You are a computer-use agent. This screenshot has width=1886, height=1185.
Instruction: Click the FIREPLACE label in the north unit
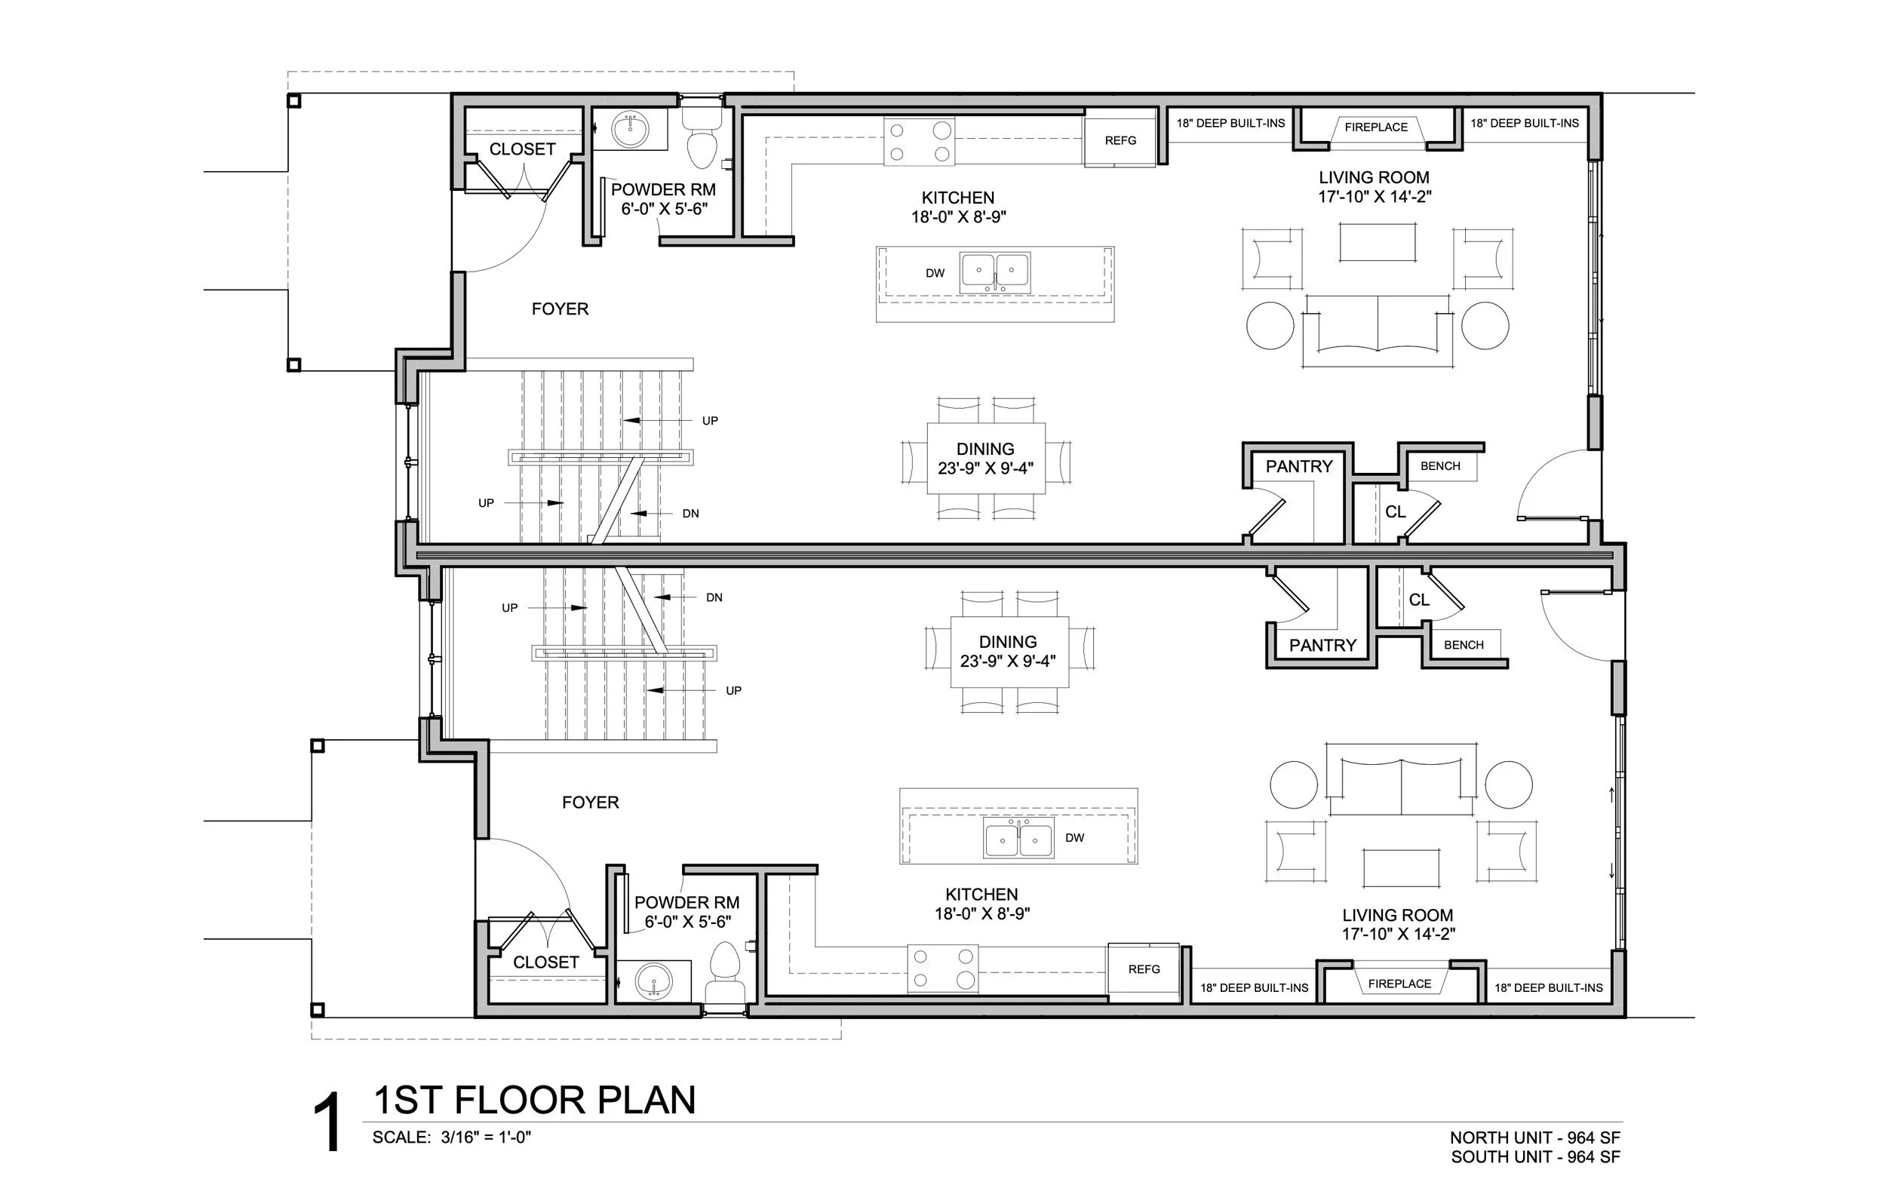click(x=1375, y=127)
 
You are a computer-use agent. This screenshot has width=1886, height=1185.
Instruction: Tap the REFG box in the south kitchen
click(x=1144, y=969)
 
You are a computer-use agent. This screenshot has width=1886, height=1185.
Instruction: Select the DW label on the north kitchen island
click(x=935, y=273)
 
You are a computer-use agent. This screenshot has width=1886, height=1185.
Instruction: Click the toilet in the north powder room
click(x=701, y=141)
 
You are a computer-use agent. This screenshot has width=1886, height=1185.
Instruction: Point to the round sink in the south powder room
click(x=653, y=981)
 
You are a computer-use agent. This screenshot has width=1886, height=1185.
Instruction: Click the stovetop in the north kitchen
click(x=920, y=142)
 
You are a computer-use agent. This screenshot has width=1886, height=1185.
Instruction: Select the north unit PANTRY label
click(x=1298, y=467)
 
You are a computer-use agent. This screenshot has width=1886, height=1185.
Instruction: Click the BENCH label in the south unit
click(x=1463, y=646)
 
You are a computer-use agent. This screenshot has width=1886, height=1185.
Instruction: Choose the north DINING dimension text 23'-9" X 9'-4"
click(x=985, y=469)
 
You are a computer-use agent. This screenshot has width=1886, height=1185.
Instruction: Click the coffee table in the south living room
click(x=1400, y=867)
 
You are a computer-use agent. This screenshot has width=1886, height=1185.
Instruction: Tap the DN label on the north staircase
click(x=690, y=514)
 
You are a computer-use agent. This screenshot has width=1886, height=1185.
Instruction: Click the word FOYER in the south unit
click(x=591, y=803)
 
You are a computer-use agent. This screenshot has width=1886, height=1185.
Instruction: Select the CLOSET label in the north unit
click(x=522, y=149)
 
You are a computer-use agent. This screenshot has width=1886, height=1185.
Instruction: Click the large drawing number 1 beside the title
click(x=327, y=1124)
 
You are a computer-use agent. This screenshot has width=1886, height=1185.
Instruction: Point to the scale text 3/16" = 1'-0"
click(x=486, y=1138)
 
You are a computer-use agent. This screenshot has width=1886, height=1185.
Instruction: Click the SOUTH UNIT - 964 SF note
click(x=1534, y=1157)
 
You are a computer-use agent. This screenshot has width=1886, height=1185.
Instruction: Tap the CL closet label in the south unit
click(x=1418, y=600)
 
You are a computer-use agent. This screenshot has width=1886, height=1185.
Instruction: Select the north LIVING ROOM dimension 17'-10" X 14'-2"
click(x=1374, y=198)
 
